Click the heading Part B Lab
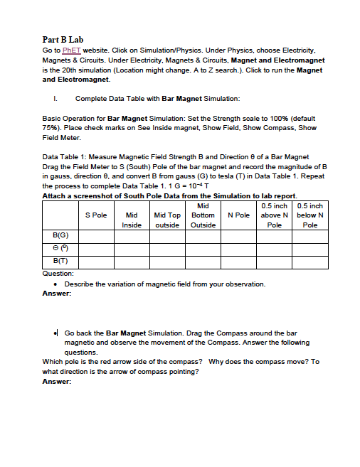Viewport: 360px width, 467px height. pyautogui.click(x=63, y=40)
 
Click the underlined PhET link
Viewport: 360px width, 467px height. pyautogui.click(x=73, y=50)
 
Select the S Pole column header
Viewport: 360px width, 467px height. pyautogui.click(x=96, y=214)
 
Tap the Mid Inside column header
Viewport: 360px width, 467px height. pyautogui.click(x=132, y=219)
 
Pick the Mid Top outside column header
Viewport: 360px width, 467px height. pyautogui.click(x=167, y=219)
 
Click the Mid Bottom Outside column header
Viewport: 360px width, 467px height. pyautogui.click(x=203, y=215)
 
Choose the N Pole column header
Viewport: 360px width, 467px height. pyautogui.click(x=238, y=214)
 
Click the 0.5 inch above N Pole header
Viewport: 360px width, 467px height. pyautogui.click(x=275, y=215)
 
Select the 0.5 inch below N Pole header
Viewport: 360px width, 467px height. pyautogui.click(x=310, y=215)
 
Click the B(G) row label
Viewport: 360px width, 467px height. pyautogui.click(x=61, y=235)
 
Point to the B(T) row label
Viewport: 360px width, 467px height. pyautogui.click(x=61, y=262)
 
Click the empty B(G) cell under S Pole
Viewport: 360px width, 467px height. pyautogui.click(x=96, y=235)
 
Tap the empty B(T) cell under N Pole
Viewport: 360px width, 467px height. pyautogui.click(x=238, y=262)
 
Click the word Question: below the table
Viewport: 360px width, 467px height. pyautogui.click(x=58, y=273)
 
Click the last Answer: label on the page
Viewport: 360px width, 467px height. pyautogui.click(x=57, y=381)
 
